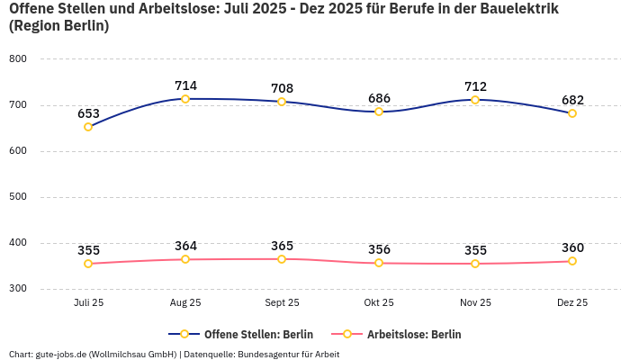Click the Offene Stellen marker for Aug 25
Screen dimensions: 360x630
tap(185, 99)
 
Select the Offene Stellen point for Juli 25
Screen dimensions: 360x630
tap(88, 127)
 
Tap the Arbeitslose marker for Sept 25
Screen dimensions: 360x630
tap(282, 259)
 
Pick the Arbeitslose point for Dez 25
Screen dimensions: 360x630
tap(571, 261)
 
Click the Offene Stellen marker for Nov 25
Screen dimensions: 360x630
tap(475, 100)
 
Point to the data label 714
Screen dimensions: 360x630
tap(185, 85)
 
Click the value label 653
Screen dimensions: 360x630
tap(88, 113)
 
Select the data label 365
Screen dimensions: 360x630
tap(282, 246)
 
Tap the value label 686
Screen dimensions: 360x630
tap(379, 98)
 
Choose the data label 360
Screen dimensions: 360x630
tap(572, 247)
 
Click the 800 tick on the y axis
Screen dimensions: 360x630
tap(18, 58)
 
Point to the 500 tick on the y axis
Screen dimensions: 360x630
tap(18, 197)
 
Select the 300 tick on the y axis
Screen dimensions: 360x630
tap(18, 289)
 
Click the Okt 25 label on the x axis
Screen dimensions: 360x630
tap(379, 303)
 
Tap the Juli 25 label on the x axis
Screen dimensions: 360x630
tap(88, 303)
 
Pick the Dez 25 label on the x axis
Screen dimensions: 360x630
tap(572, 303)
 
